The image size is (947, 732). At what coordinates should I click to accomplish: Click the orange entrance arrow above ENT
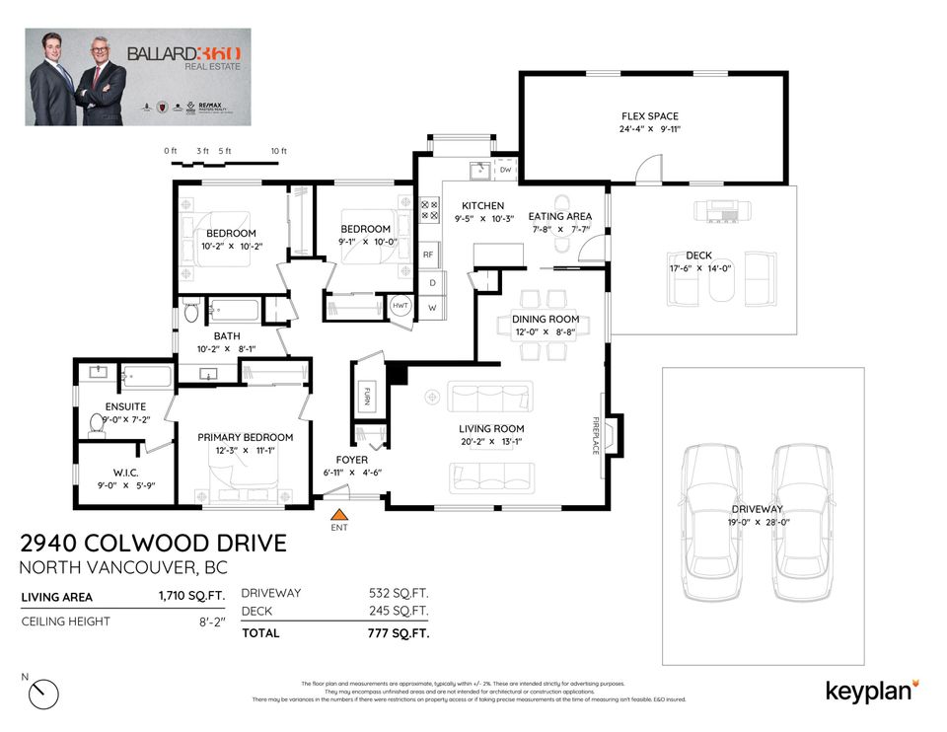(x=339, y=514)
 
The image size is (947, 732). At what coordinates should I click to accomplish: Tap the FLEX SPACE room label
(x=649, y=116)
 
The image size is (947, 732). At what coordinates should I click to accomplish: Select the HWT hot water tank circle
(x=401, y=306)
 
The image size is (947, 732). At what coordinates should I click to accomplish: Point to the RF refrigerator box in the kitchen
(x=428, y=255)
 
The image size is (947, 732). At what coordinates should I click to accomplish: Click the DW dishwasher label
(x=505, y=171)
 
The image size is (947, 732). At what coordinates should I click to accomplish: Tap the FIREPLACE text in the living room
(x=596, y=435)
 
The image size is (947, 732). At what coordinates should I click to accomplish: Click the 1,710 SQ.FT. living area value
(x=191, y=596)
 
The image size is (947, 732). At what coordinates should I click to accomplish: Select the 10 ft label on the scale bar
(x=278, y=151)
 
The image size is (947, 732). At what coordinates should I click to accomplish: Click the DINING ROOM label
(x=545, y=319)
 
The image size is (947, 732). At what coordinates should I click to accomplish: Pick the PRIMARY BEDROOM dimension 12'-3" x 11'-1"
(x=245, y=451)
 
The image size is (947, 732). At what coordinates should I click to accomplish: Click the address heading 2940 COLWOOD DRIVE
(x=154, y=544)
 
